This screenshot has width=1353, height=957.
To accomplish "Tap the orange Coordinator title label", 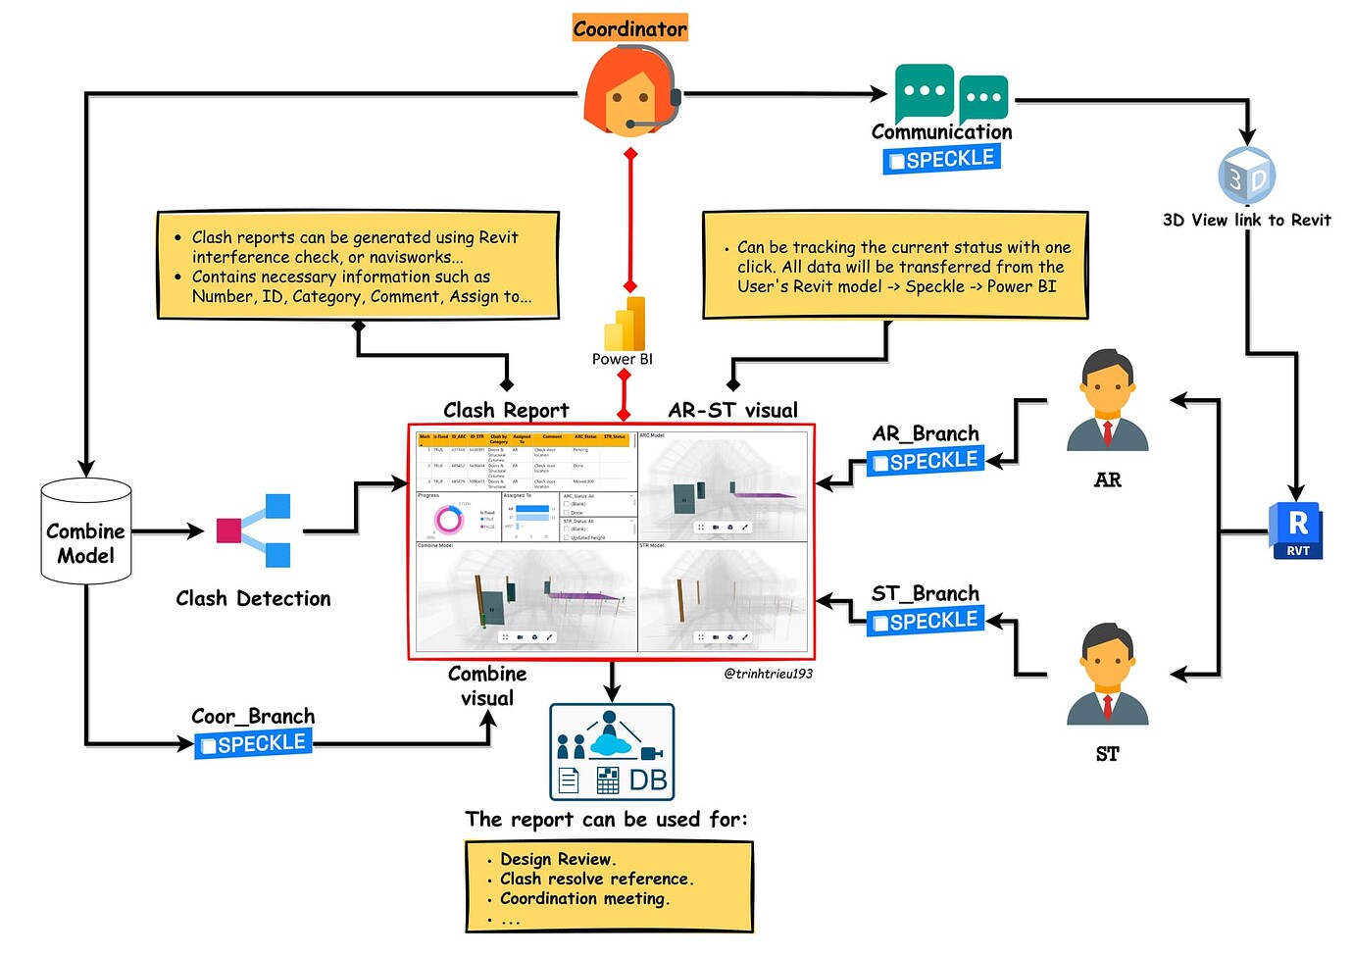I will tap(630, 28).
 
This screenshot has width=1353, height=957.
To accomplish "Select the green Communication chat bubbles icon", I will tap(950, 93).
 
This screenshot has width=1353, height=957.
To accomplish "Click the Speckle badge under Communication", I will tap(941, 159).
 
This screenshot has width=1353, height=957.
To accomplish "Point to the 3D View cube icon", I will tap(1246, 176).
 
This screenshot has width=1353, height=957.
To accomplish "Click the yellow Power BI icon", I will tap(625, 325).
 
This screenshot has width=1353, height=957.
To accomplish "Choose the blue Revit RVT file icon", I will tap(1296, 530).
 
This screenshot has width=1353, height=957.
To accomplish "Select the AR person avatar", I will tap(1107, 401).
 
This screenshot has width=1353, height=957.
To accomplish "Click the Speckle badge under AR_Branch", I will tap(926, 461).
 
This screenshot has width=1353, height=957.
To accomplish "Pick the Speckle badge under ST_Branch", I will tap(926, 621).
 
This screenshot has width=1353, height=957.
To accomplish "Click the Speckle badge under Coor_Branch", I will tap(253, 744).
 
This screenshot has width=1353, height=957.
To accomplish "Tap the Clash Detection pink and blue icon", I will tap(254, 530).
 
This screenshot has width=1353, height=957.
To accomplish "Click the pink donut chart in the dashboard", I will tap(449, 520).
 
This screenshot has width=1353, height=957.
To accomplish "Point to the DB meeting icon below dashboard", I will tap(612, 752).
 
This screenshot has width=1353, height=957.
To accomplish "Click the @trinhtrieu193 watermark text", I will tap(768, 674).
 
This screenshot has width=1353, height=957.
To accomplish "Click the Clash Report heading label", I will tap(506, 410).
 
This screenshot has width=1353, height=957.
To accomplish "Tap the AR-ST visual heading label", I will tap(733, 410).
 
